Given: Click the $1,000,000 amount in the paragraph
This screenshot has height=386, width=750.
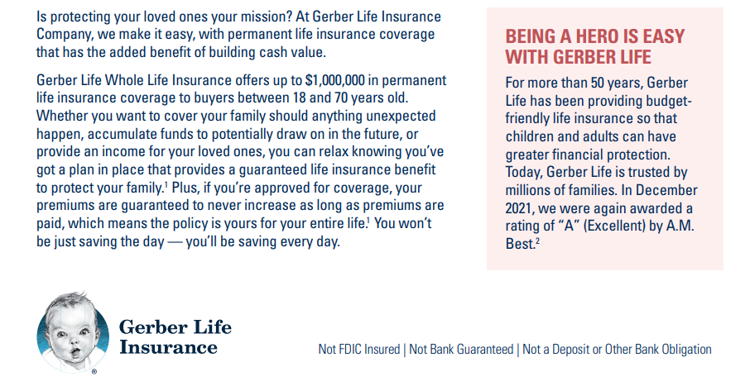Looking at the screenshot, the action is click(334, 80).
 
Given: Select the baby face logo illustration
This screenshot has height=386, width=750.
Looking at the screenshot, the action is click(73, 332).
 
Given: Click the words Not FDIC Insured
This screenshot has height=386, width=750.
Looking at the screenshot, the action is click(359, 349).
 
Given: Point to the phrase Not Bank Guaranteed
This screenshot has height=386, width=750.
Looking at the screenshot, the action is click(461, 349).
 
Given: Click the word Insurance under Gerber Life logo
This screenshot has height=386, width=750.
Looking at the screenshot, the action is click(168, 348).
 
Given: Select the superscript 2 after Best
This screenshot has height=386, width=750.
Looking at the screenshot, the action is click(537, 241).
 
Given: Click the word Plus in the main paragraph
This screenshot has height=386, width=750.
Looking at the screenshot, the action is click(183, 188).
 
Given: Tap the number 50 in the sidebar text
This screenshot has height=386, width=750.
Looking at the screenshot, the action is click(598, 83).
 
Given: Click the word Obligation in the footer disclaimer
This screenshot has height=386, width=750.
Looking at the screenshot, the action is click(686, 349).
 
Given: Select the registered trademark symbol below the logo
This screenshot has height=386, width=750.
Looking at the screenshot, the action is click(94, 371).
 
